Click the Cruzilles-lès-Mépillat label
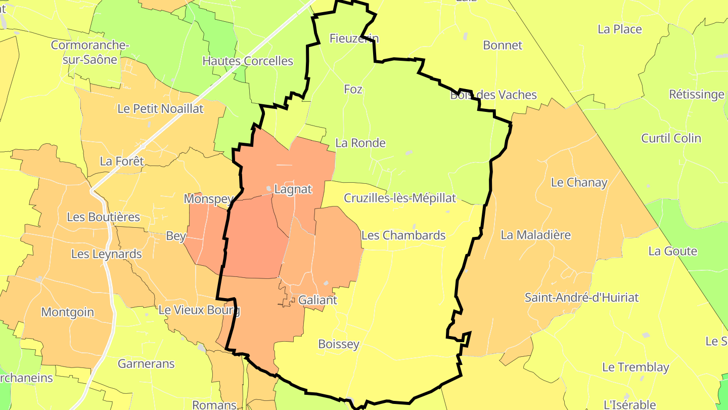400,198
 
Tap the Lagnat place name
293,189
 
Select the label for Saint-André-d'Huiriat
581,297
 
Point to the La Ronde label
360,143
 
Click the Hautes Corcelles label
248,61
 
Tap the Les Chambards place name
403,235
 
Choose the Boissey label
339,344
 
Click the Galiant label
317,300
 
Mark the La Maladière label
535,234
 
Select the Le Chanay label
579,182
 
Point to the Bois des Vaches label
493,95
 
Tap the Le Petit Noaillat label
160,108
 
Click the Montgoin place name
68,312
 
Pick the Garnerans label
146,363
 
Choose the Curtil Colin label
671,138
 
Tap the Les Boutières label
103,217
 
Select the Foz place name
353,89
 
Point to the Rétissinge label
696,94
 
